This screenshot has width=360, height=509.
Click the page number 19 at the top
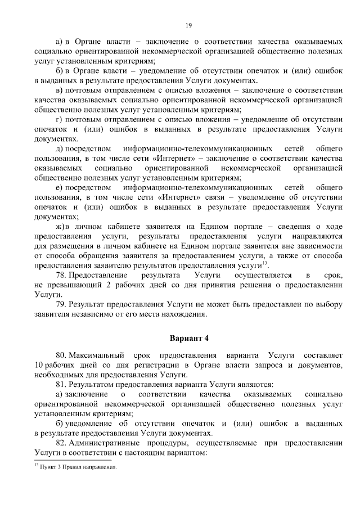pos(188,25)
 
